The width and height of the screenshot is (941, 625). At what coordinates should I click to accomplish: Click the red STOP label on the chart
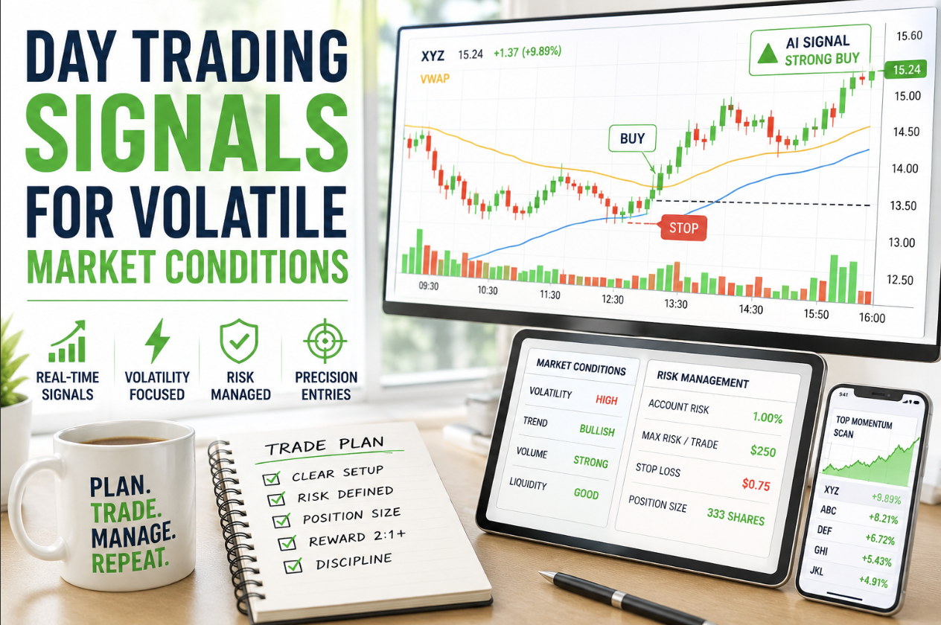click(x=683, y=228)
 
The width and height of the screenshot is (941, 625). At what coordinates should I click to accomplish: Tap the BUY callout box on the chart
click(x=632, y=138)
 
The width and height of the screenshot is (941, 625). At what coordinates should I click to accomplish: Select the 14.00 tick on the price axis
click(x=905, y=169)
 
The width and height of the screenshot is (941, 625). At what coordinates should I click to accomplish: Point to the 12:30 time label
click(x=613, y=299)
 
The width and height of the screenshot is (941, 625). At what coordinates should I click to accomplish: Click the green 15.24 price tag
click(x=906, y=69)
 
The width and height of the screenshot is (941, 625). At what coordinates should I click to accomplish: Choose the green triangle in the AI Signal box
click(x=768, y=54)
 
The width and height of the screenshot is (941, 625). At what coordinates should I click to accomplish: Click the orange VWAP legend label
click(x=435, y=78)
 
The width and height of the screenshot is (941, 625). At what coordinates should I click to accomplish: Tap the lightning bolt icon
click(x=157, y=341)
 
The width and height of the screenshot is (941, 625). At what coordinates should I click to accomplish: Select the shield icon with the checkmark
click(x=239, y=341)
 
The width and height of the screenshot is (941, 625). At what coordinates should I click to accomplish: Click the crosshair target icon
click(x=325, y=341)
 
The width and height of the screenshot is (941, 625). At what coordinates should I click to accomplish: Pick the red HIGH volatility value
click(x=607, y=400)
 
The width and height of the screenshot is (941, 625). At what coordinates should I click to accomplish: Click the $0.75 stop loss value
click(x=756, y=484)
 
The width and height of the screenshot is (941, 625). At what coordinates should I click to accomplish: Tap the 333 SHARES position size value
click(x=736, y=516)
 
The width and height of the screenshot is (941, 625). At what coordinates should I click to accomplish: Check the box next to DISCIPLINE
click(x=293, y=565)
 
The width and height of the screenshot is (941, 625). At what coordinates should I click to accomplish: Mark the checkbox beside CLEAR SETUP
click(x=272, y=478)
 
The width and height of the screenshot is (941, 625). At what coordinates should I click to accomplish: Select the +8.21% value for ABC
click(x=883, y=519)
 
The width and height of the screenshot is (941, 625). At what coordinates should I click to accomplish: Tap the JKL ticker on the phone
click(x=816, y=571)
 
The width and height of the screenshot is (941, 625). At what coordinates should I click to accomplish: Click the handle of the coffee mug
click(x=32, y=508)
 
